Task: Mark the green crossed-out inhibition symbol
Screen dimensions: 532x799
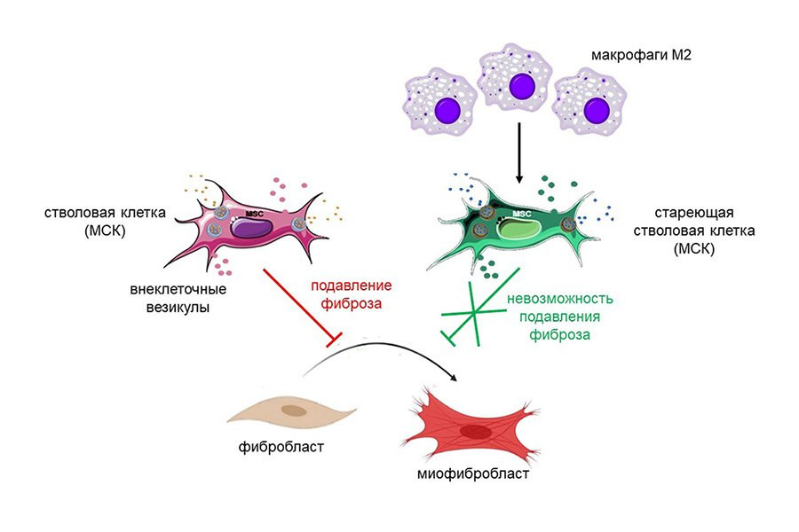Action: (474, 315)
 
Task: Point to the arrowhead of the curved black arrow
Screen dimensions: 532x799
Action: (455, 379)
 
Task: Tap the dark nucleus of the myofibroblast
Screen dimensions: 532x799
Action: (478, 432)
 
